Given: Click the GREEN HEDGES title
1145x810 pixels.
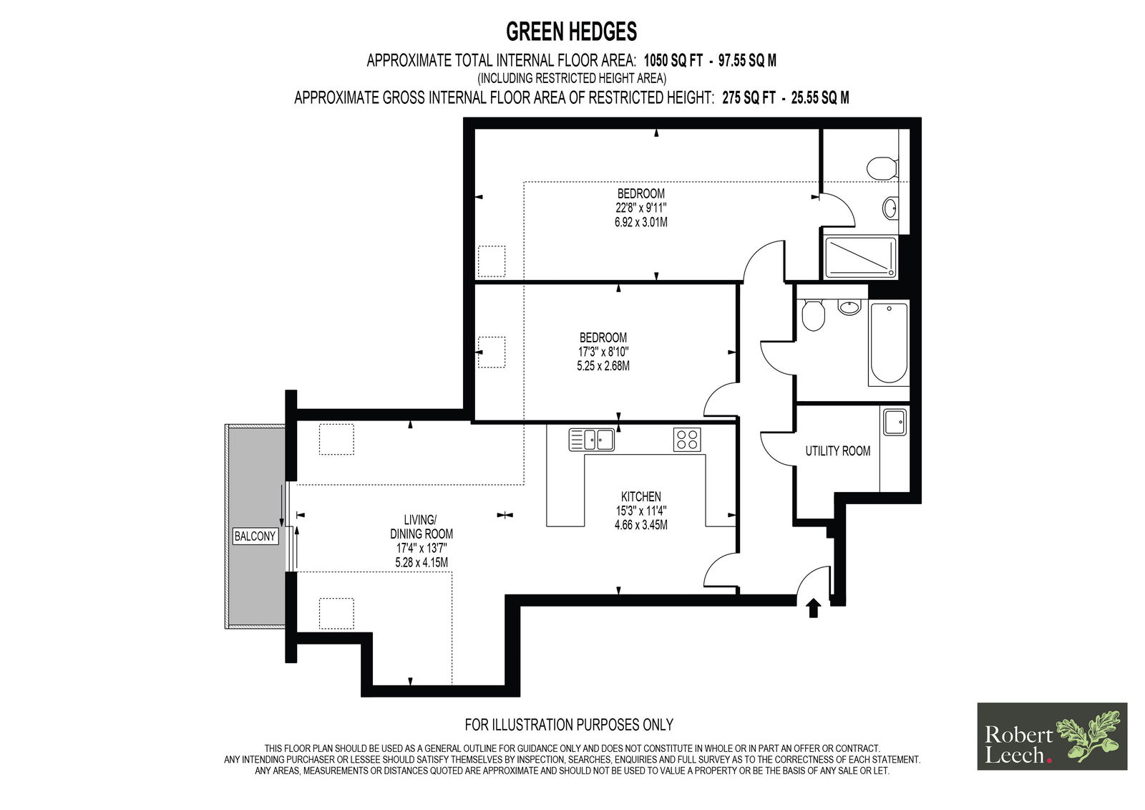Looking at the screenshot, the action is (572, 32).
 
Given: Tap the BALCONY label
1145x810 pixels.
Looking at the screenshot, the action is (255, 536).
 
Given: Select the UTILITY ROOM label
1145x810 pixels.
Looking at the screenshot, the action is (838, 450).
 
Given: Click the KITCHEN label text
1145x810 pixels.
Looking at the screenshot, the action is (641, 496).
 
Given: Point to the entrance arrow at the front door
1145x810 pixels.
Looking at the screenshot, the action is (813, 609).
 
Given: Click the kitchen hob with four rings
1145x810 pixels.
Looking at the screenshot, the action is (687, 440).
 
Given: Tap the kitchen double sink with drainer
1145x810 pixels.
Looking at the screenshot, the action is (591, 440).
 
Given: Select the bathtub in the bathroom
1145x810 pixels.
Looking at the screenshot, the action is (888, 343).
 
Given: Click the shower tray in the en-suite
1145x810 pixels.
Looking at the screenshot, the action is (860, 257).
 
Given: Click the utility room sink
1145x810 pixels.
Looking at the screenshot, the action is (894, 422).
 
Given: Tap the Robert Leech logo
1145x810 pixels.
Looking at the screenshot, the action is (1052, 736).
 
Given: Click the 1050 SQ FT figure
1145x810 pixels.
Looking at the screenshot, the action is (673, 61).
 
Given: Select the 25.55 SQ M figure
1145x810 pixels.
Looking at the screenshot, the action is (820, 97).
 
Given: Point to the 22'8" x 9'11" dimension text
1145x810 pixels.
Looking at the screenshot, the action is (641, 208).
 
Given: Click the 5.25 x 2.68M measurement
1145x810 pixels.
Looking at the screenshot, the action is (603, 366).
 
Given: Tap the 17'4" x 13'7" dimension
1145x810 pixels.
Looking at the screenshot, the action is (422, 548).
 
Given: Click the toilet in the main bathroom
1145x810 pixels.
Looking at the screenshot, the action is (813, 314).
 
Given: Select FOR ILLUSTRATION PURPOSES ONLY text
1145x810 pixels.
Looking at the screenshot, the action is (569, 725).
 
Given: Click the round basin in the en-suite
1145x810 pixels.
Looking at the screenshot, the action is (890, 208).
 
